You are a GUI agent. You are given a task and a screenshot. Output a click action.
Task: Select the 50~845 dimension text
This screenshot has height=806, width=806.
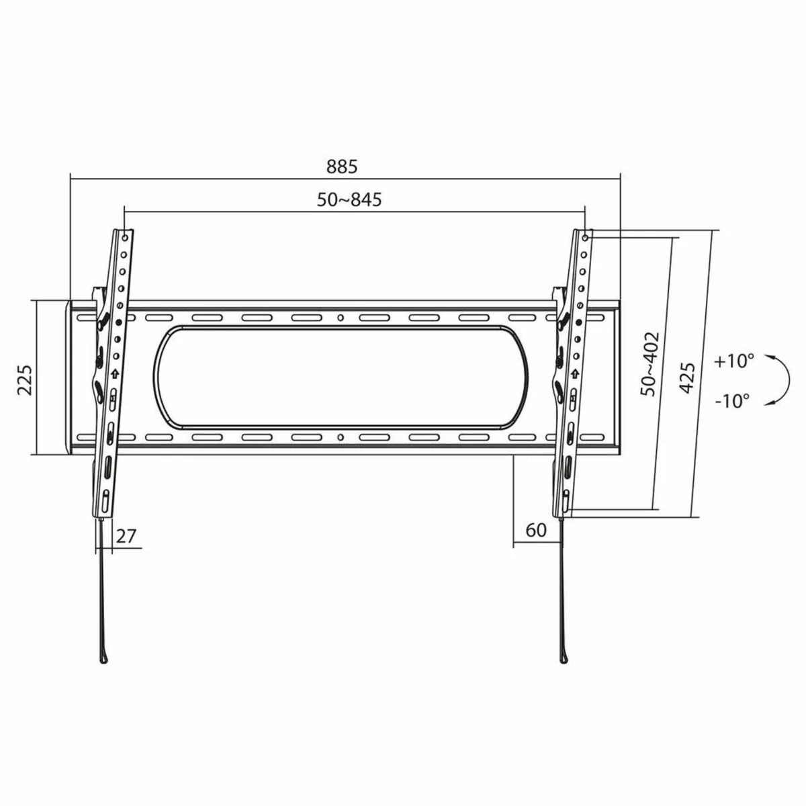tap(349, 199)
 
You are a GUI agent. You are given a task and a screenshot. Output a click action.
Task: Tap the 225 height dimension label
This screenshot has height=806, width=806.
tap(24, 380)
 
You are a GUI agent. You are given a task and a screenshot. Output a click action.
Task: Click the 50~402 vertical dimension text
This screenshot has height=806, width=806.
tap(650, 363)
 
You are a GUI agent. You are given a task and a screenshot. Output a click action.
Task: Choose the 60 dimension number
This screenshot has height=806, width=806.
tap(536, 531)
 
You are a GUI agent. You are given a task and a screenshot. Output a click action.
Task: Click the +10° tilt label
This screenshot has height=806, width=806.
tap(734, 361)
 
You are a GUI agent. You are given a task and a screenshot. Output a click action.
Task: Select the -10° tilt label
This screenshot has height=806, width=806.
tap(732, 402)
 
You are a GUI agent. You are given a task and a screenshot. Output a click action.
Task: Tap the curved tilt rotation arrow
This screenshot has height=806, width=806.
tap(779, 380)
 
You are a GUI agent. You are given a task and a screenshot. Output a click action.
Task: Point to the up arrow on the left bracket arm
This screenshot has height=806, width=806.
tap(115, 374)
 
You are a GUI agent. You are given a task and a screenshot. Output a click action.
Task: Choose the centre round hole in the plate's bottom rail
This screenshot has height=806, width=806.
tap(341, 438)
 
